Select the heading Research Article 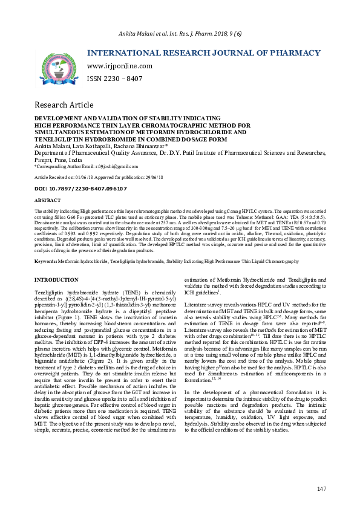pos(64,105)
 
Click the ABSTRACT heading pos(47,199)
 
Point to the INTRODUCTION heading pos(56,280)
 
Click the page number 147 pos(321,488)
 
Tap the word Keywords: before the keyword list pos(46,261)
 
